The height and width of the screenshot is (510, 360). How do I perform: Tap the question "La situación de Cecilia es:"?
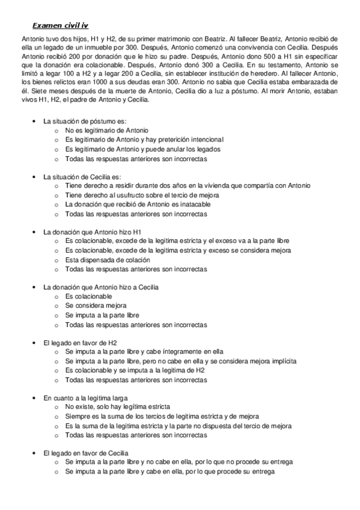coord(82,177)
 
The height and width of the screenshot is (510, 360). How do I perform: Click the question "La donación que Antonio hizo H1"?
coord(92,232)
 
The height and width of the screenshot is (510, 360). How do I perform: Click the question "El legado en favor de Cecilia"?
coord(87,453)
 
